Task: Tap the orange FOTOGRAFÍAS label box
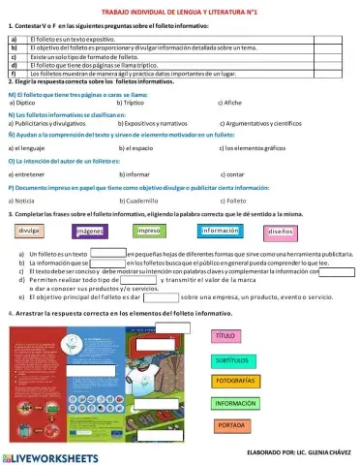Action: tap(235, 381)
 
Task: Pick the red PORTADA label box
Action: tap(231, 424)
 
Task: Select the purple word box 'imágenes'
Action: tap(90, 232)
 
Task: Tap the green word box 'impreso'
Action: tap(147, 232)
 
